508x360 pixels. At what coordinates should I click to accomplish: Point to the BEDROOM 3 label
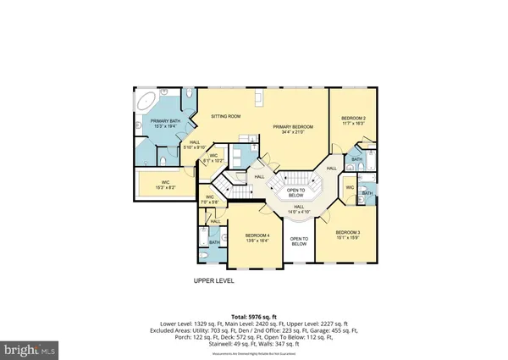pos(347,235)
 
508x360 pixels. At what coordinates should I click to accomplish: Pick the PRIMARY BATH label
pos(167,124)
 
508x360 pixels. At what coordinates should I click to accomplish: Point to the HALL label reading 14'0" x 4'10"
pos(299,208)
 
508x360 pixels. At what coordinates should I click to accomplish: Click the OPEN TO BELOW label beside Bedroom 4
pos(299,241)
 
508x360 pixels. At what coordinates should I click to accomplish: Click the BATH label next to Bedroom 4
pos(215,242)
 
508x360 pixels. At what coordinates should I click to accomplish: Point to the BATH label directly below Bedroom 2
pos(356,158)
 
